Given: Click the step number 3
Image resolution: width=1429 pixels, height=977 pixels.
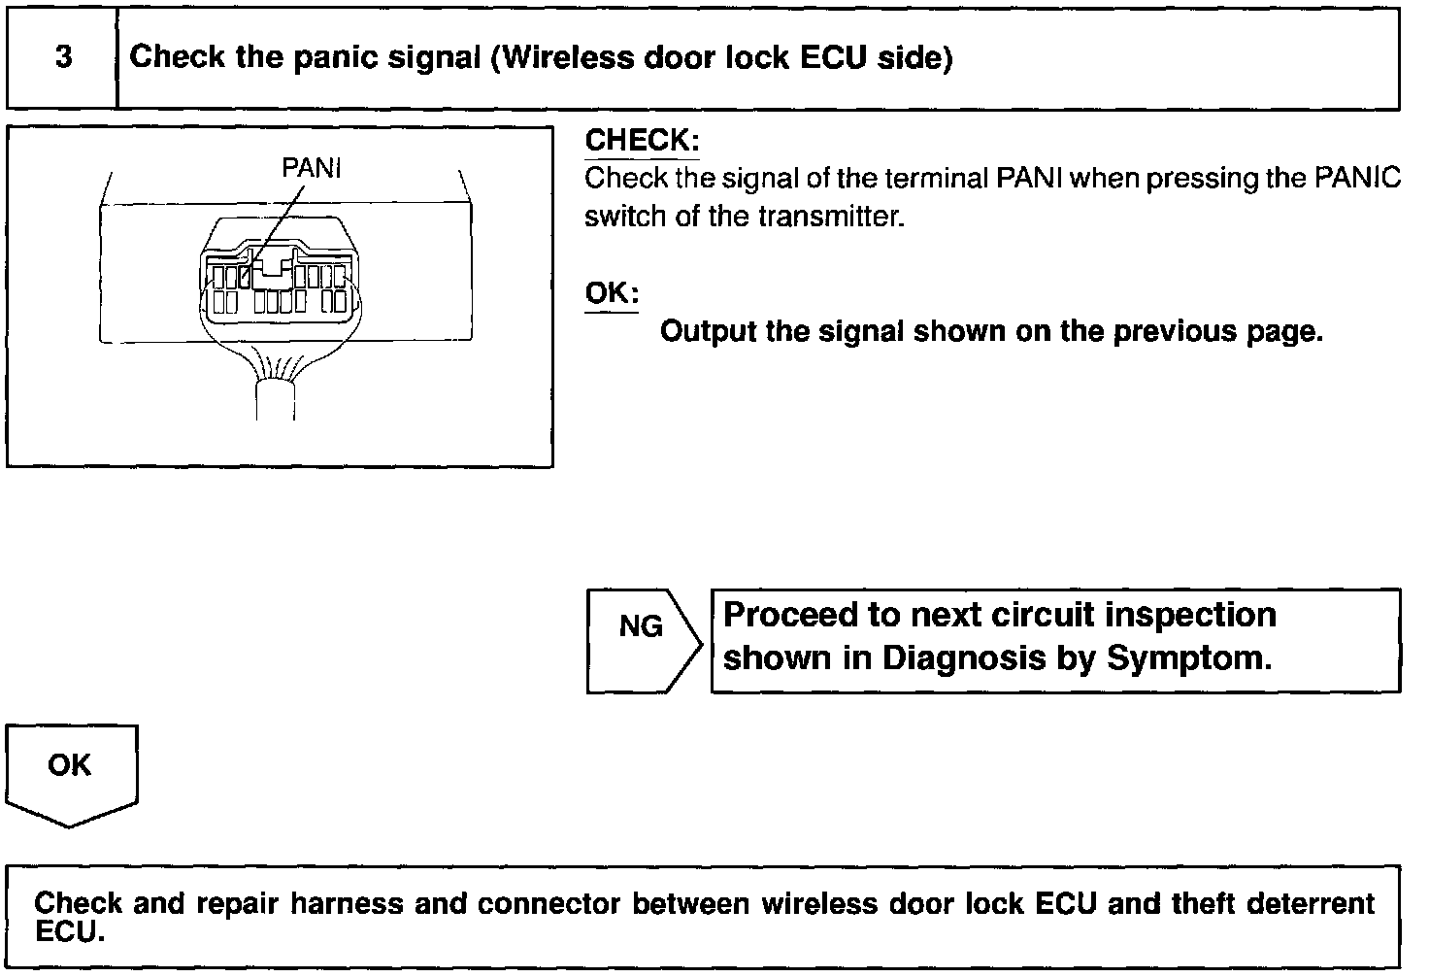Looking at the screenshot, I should coord(63,57).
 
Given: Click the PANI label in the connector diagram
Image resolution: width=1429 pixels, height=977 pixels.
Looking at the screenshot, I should coord(311,169).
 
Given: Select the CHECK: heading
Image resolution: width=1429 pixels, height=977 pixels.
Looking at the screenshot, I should coord(642,141).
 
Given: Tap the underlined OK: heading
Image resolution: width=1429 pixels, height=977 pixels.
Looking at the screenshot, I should coord(612,293).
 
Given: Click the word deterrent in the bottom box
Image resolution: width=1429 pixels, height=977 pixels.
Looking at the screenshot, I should coord(1310,904).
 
